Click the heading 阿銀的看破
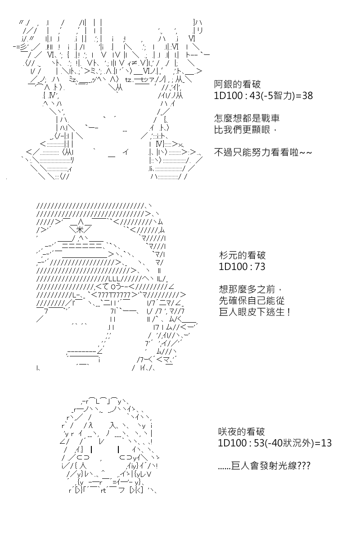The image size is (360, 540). pos(237,85)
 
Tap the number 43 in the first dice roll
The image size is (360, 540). pos(255,96)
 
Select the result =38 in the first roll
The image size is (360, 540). pos(304,96)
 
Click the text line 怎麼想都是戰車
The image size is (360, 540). pos(247,118)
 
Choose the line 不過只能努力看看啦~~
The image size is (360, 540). pos(263,153)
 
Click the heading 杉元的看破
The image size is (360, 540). pos(242,255)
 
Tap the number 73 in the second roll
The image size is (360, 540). pos(260,266)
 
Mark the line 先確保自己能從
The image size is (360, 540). pos(252,301)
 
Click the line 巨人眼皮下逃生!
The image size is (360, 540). pos(255,312)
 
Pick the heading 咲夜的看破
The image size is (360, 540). pos(241,432)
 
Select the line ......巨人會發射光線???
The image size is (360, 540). pos(264,466)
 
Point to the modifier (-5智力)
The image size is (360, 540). pos(278,96)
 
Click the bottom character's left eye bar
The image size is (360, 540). pos(91,450)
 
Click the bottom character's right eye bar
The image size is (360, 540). pos(118,450)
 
